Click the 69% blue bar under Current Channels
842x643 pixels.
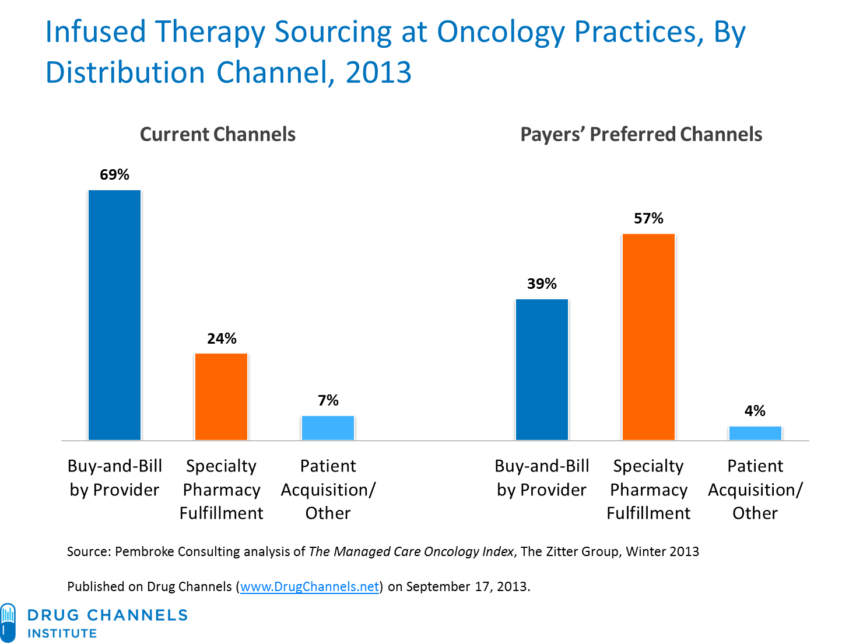coord(114,315)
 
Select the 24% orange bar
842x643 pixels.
coord(221,397)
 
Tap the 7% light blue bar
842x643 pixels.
coord(328,428)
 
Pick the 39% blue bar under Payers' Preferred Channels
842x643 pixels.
coord(542,369)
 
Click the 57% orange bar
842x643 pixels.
coord(648,337)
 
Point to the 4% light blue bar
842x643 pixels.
coord(755,433)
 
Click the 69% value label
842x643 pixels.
coord(114,174)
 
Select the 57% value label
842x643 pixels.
coord(648,218)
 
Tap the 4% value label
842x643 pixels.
coord(755,411)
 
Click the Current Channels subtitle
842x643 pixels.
coord(217,134)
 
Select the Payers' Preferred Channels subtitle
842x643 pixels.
coord(641,134)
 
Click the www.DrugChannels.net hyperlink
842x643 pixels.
coord(310,586)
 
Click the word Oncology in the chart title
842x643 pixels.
coord(500,32)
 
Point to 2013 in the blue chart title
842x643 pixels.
coord(378,73)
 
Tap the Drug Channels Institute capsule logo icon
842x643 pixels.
coord(8,623)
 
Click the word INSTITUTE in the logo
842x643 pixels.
coord(62,634)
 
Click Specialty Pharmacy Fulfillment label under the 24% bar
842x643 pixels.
coord(221,490)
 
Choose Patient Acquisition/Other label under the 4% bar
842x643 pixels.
coord(755,490)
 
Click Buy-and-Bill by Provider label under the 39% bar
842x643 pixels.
coord(542,478)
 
